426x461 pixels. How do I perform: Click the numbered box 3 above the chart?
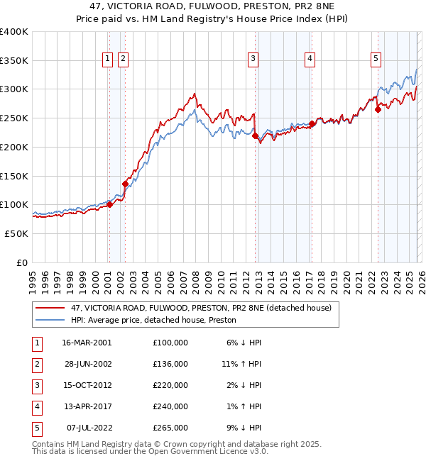(x=253, y=59)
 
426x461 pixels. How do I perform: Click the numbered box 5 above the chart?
(x=376, y=59)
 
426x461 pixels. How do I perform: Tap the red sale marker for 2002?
(x=125, y=184)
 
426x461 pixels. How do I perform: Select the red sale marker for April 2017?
(x=312, y=123)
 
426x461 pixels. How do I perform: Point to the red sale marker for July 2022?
(x=378, y=109)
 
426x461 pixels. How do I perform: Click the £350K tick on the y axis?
(x=14, y=60)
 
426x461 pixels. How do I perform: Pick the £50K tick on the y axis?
(x=16, y=233)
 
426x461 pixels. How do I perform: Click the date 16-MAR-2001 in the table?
(x=87, y=342)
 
